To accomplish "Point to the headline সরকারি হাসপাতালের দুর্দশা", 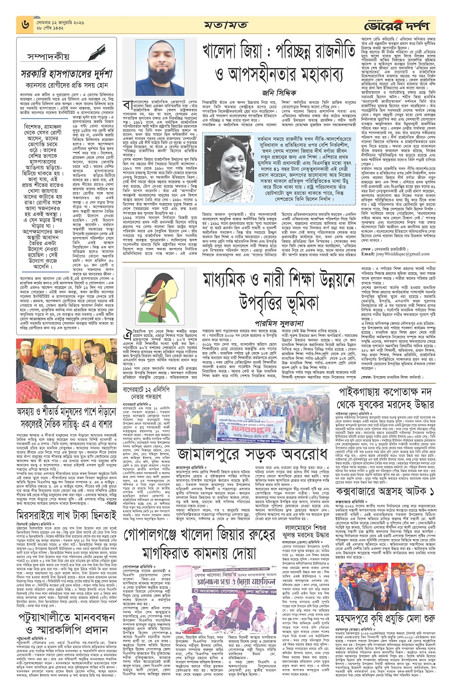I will tap(67, 75).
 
